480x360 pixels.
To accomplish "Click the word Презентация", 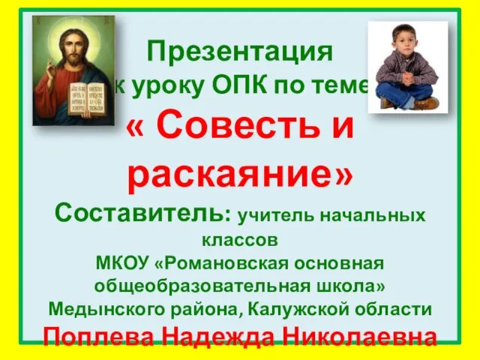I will click(x=240, y=53).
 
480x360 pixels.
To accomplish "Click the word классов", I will click(x=240, y=241).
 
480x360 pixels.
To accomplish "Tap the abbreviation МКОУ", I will click(x=121, y=264).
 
